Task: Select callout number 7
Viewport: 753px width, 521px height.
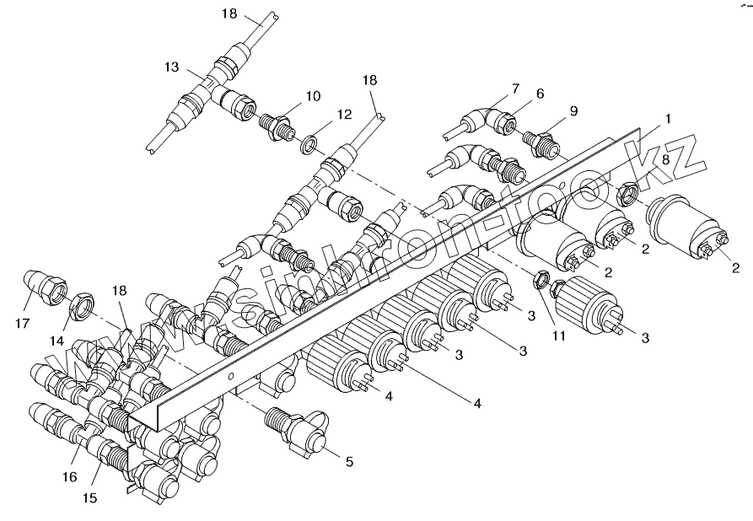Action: (515, 89)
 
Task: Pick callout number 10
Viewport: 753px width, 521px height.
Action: (314, 96)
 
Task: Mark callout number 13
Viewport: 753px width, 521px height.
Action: (173, 66)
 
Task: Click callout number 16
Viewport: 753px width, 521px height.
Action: (69, 477)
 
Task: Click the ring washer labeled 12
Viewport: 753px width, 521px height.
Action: (310, 138)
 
